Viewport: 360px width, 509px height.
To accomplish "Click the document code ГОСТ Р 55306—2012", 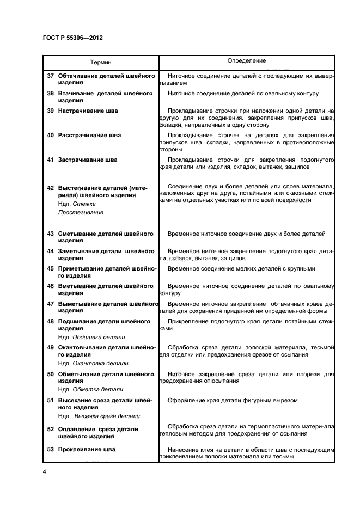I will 72,38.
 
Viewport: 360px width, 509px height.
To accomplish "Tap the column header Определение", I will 246,61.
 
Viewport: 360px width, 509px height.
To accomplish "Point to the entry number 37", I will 50,76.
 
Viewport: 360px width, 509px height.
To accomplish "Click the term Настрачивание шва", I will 88,111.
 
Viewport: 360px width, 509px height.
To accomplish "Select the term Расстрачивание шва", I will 89,135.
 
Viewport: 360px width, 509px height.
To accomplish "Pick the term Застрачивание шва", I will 88,160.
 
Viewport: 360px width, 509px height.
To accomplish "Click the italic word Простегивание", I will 81,212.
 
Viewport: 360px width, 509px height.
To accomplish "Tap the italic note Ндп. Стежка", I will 77,204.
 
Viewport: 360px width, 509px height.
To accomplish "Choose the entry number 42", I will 50,188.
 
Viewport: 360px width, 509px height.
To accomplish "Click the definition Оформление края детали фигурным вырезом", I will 233,400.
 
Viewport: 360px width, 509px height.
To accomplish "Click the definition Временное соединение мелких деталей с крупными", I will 241,269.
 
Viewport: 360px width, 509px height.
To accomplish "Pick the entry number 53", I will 50,449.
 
